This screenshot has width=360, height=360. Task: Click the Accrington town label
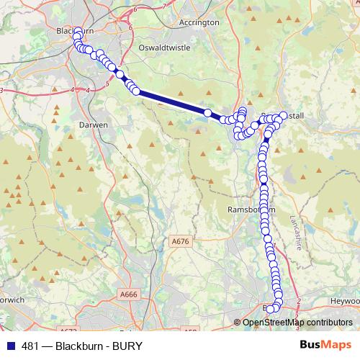[199, 22]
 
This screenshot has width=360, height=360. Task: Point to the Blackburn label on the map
[76, 31]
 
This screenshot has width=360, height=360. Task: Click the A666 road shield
[130, 294]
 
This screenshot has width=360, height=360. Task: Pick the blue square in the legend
[11, 345]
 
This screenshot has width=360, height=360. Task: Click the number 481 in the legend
[31, 345]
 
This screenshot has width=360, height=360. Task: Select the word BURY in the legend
[126, 345]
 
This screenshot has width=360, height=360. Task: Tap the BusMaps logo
[325, 345]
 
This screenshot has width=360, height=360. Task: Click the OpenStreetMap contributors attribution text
[297, 322]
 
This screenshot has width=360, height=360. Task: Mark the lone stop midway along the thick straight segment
[207, 112]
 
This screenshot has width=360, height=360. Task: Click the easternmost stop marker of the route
[282, 116]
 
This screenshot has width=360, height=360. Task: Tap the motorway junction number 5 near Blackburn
[107, 84]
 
